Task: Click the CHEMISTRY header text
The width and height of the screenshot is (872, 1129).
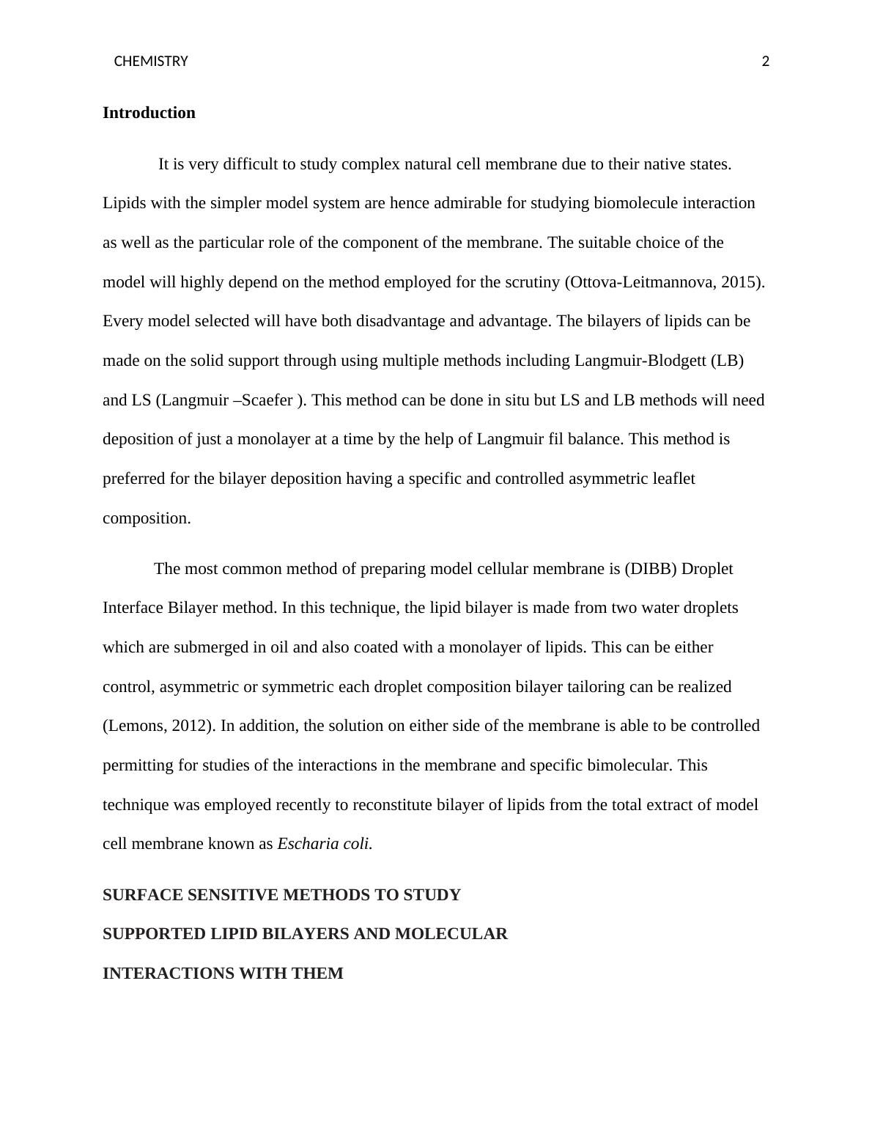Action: (x=151, y=62)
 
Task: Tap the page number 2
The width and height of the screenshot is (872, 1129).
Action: (x=766, y=62)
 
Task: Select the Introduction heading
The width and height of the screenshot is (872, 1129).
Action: (x=149, y=113)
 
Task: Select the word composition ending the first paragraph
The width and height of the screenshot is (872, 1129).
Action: (x=146, y=518)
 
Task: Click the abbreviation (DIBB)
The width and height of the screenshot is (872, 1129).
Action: (x=651, y=569)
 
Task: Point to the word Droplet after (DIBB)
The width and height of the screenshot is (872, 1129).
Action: (x=707, y=569)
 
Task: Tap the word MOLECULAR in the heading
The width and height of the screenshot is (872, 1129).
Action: (x=451, y=934)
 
